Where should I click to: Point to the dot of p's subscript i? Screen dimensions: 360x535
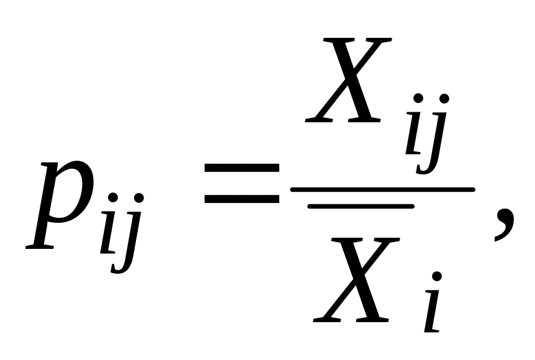[113, 198]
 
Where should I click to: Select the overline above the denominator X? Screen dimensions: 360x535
[361, 206]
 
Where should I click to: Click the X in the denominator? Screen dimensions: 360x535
[354, 279]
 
